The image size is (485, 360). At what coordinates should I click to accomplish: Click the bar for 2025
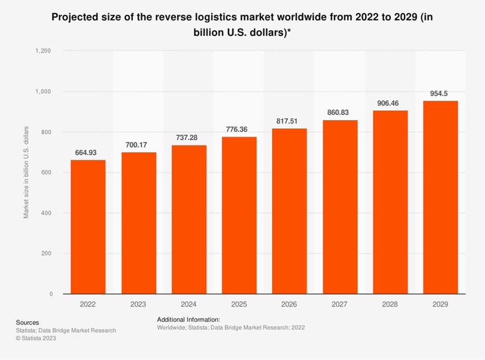pos(239,215)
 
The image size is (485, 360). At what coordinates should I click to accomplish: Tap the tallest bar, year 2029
pos(441,197)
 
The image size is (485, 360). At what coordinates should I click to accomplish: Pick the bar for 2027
pos(340,207)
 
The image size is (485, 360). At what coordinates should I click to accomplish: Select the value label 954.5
pos(441,93)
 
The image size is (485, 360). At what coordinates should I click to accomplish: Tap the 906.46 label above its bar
pos(390,103)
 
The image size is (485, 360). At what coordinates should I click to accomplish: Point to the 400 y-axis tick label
pos(47,213)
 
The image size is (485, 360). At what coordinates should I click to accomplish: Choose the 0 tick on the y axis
pos(51,294)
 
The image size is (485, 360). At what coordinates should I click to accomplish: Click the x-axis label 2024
pos(189,305)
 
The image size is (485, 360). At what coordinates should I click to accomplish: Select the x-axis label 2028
pos(390,305)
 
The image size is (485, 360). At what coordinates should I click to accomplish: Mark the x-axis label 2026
pos(290,305)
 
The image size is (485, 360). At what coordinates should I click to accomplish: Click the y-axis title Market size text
pos(26,172)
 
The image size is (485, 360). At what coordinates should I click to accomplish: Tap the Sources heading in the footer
pos(28,322)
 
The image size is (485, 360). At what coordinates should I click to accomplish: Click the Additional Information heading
pos(188,320)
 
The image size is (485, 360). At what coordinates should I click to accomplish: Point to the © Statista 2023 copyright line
pos(36,338)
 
